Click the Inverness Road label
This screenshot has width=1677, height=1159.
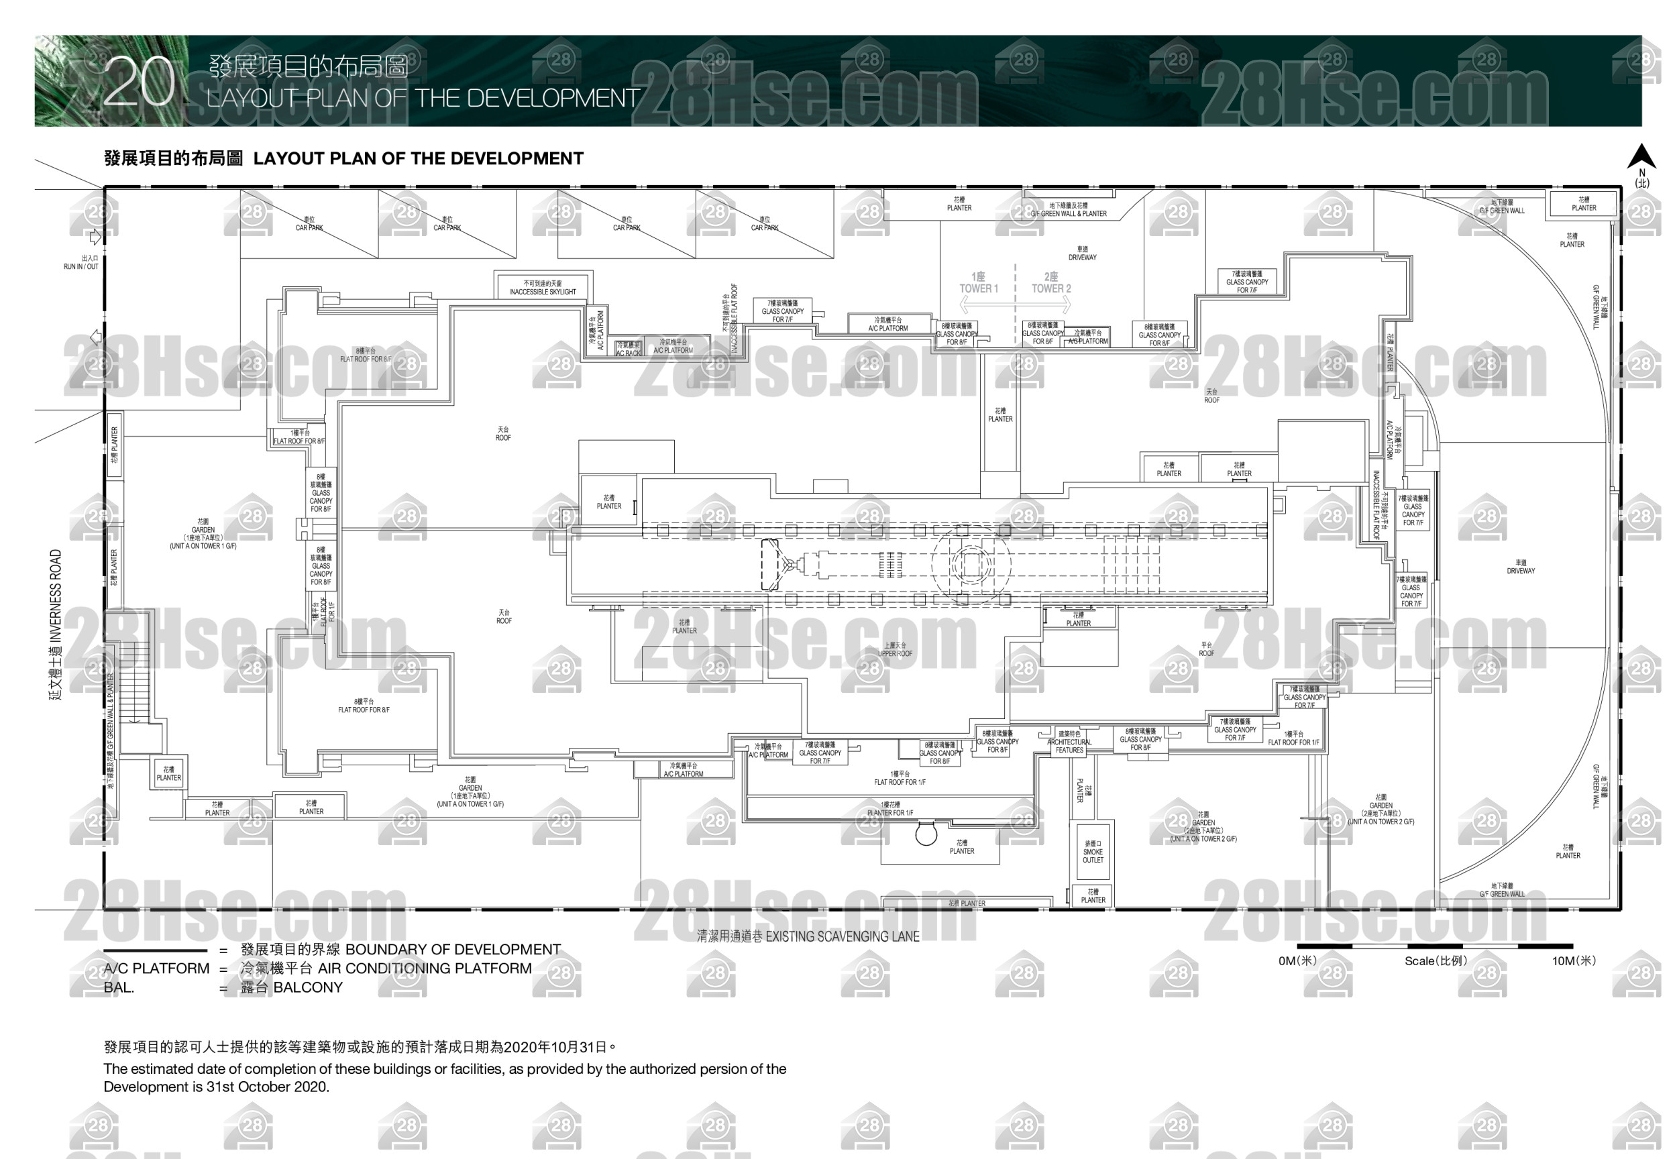56,624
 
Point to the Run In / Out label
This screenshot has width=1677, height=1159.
81,263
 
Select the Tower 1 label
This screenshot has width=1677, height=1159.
978,283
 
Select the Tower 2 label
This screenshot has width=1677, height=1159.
1051,283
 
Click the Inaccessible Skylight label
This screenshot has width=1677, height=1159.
543,288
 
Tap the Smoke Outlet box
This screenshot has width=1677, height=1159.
1092,852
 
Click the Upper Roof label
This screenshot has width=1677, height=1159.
895,650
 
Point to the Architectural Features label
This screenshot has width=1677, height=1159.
1069,742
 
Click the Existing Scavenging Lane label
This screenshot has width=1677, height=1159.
808,937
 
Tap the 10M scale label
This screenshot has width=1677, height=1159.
1574,960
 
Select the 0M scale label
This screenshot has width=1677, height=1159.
1297,960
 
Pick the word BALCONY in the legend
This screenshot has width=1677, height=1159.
307,987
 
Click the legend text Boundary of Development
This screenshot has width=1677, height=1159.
453,950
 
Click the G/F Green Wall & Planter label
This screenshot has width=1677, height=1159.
1069,210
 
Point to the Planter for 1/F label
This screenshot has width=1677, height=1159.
889,809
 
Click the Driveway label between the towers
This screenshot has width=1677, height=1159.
1082,254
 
